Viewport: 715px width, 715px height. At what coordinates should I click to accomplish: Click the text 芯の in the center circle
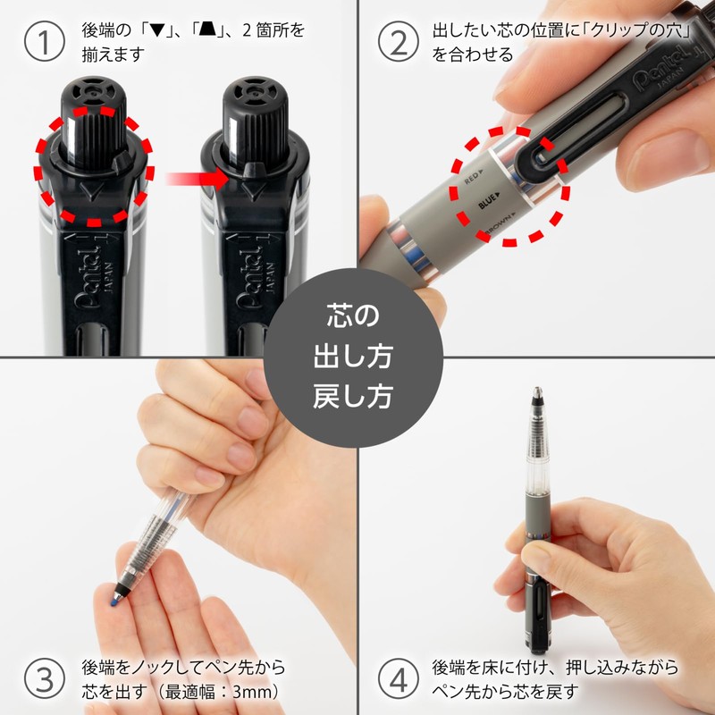coord(357,317)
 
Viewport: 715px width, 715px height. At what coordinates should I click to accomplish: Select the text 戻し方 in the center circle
coord(357,395)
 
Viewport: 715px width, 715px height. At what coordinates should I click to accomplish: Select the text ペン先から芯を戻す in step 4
coord(506,691)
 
